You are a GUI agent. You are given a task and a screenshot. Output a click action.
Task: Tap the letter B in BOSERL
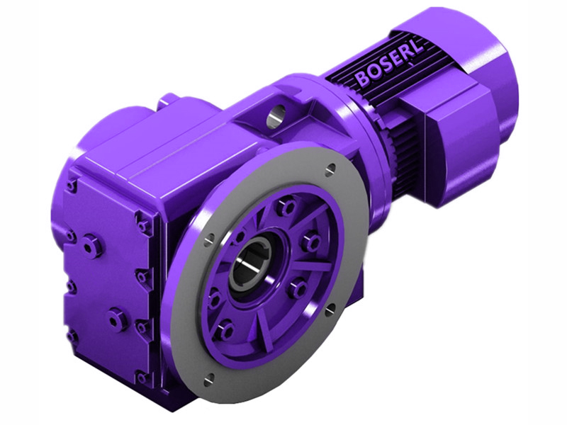point(363,77)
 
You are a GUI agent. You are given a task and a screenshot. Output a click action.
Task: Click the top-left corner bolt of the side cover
point(72,186)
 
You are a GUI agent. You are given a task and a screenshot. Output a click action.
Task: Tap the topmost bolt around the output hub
point(286,208)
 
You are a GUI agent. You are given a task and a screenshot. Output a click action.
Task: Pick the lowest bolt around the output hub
point(225,330)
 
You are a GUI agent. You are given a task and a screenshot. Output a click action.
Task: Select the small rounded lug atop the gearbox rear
point(168,101)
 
